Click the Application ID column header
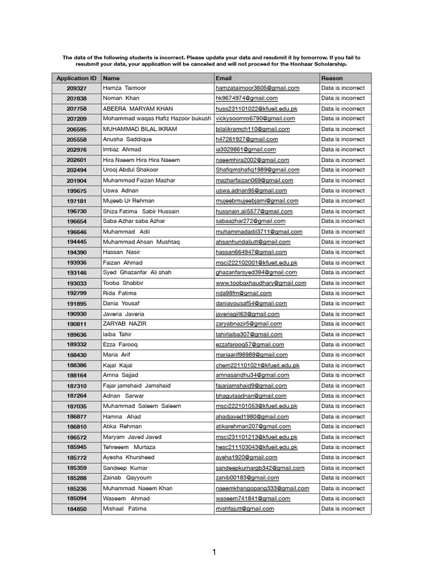tap(76, 78)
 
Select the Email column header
tap(223, 78)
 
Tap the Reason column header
tap(332, 78)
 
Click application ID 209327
tap(77, 88)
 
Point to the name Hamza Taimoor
tap(122, 88)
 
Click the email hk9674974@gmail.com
tap(246, 98)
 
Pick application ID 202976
tap(77, 150)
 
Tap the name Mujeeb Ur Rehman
tap(128, 201)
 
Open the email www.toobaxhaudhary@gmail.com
tap(261, 283)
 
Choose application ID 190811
tap(77, 324)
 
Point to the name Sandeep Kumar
tap(126, 468)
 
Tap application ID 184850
tap(77, 509)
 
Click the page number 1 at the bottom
tap(213, 552)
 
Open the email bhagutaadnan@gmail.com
tap(251, 395)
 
